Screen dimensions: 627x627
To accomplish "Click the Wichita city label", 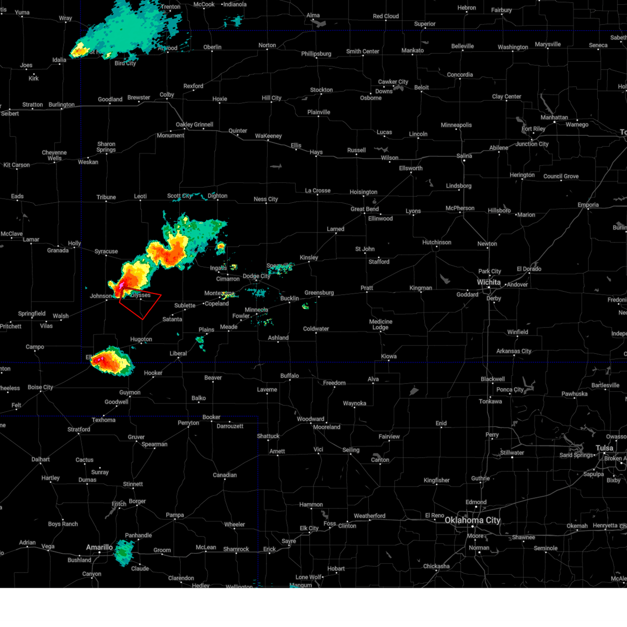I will pyautogui.click(x=489, y=282).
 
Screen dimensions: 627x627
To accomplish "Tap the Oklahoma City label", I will pyautogui.click(x=472, y=520).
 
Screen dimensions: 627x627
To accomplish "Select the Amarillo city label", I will pyautogui.click(x=99, y=547).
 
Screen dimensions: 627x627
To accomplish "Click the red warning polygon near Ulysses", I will pyautogui.click(x=140, y=303).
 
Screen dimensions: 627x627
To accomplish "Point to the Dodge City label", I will pyautogui.click(x=256, y=276).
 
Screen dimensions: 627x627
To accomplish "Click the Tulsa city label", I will pyautogui.click(x=605, y=448).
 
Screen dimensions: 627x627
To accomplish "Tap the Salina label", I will pyautogui.click(x=464, y=156).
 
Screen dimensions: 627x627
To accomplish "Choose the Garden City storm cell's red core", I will pyautogui.click(x=168, y=256).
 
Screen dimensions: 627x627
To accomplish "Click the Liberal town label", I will pyautogui.click(x=178, y=353).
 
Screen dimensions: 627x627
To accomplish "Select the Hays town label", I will pyautogui.click(x=316, y=152).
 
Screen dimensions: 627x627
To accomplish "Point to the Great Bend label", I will pyautogui.click(x=365, y=209).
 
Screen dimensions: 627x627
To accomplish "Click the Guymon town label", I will pyautogui.click(x=130, y=392).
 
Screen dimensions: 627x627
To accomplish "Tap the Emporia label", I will pyautogui.click(x=588, y=205).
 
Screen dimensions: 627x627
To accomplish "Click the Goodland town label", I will pyautogui.click(x=110, y=99).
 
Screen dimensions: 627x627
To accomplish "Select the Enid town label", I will pyautogui.click(x=441, y=423).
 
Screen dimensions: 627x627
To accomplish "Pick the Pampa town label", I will pyautogui.click(x=175, y=515).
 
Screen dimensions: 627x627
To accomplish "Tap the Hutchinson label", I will pyautogui.click(x=436, y=242).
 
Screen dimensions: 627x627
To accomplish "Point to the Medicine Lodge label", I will pyautogui.click(x=380, y=324).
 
